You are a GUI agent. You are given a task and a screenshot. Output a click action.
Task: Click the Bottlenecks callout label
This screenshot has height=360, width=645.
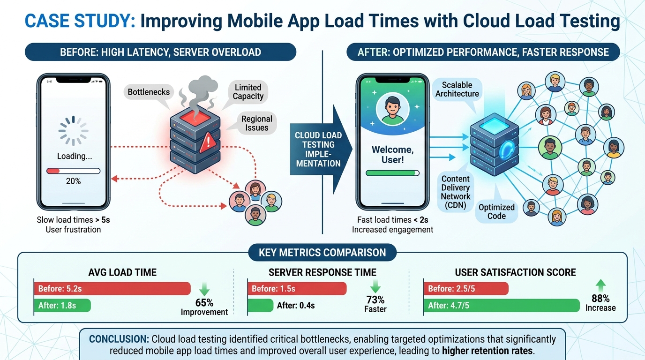coord(149,92)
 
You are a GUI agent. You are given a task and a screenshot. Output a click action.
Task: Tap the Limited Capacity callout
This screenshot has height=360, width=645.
coord(248,92)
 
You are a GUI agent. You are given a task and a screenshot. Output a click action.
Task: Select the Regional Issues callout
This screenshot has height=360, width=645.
coord(256,123)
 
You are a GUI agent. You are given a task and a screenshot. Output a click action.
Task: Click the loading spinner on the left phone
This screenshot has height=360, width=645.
coord(73,131)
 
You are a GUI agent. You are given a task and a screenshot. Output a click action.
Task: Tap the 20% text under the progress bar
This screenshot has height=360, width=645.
coord(73,181)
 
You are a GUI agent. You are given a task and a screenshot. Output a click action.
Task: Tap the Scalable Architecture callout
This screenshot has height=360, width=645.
coord(457,89)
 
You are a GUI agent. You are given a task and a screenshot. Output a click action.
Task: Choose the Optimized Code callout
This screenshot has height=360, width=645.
coord(496,211)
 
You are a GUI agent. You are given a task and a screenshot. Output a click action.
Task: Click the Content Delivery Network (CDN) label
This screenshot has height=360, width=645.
coord(455,192)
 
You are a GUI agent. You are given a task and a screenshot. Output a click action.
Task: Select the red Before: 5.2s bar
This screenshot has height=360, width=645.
coord(112,289)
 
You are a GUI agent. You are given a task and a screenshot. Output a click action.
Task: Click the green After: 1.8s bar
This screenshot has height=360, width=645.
coord(62,306)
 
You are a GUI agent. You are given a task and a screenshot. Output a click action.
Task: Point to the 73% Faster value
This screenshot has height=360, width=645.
coord(375,304)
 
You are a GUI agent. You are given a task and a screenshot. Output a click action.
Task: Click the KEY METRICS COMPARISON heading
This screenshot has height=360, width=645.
coord(322,253)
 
